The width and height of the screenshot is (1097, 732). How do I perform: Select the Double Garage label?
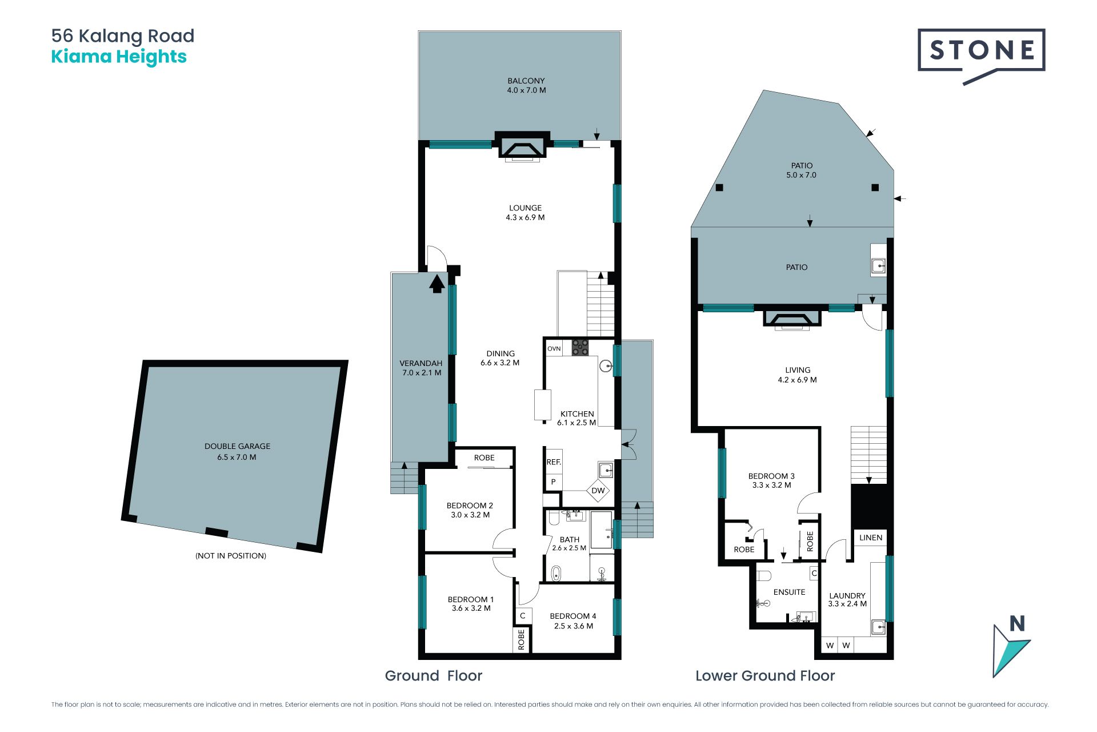point(237,451)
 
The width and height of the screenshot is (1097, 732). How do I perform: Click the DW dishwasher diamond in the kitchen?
point(598,491)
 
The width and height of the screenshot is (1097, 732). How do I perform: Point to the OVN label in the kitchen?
point(554,348)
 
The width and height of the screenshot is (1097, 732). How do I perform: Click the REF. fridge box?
point(554,462)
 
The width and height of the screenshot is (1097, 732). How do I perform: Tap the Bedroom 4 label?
point(573,620)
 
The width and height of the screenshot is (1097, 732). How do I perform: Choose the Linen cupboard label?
point(871,538)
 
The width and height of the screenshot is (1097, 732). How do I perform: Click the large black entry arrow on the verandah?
point(437,284)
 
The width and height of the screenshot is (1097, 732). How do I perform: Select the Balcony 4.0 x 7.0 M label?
point(526,85)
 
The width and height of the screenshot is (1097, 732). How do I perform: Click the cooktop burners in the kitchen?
point(580,348)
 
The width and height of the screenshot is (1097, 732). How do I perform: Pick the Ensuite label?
point(789,592)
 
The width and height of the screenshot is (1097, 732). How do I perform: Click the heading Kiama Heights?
point(119,57)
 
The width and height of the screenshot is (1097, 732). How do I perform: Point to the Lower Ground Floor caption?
point(765,675)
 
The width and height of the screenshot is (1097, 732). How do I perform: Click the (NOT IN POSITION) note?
point(231,555)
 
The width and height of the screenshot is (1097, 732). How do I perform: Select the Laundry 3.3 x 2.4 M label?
point(847,599)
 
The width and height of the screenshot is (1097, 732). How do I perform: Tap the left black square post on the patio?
point(719,188)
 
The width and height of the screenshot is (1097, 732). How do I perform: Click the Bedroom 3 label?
point(771,480)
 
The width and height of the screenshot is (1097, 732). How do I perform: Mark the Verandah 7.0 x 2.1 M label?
point(421,368)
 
